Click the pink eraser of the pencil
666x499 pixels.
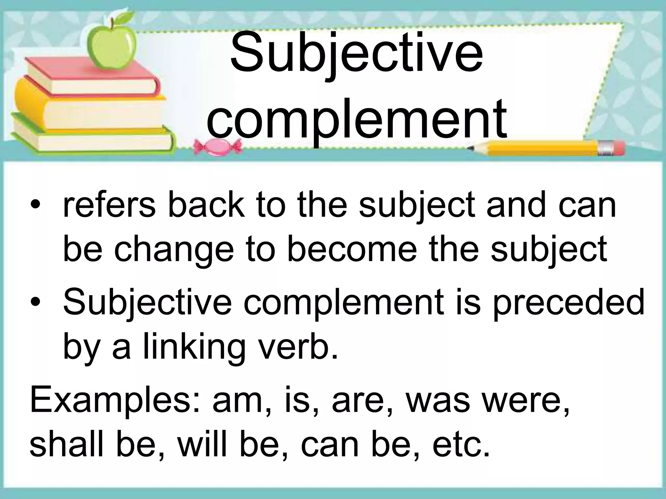618,149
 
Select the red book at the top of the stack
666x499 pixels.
91,77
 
